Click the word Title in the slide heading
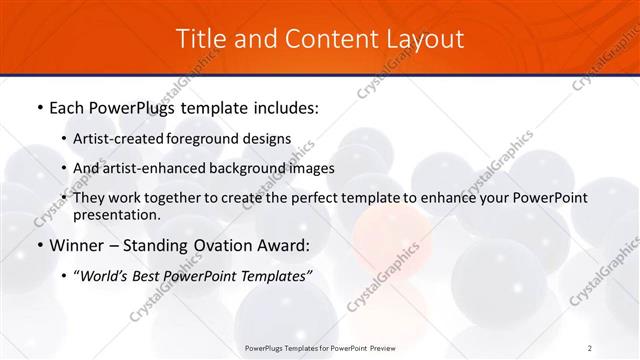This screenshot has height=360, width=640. pos(200,39)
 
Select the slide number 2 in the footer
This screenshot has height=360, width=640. pos(590,347)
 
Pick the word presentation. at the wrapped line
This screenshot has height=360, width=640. pos(117,214)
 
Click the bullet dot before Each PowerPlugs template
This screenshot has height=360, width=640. pos(38,105)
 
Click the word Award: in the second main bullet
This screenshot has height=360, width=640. pos(282,245)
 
